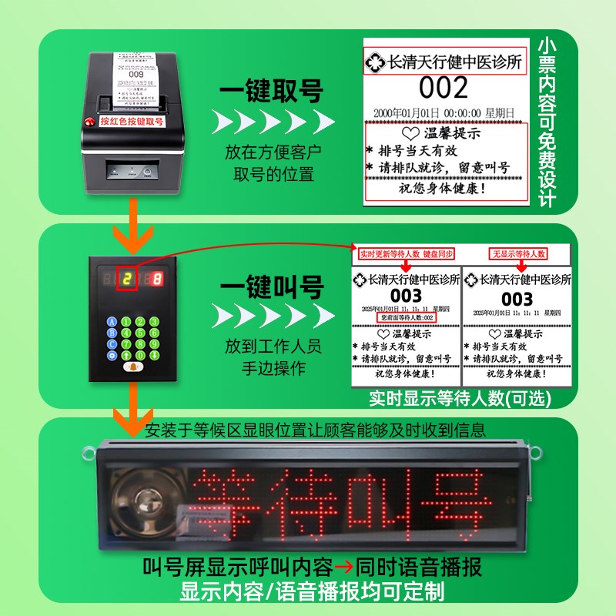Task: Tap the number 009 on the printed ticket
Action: [x=136, y=75]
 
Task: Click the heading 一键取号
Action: [x=271, y=92]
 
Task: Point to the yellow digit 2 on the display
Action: [x=128, y=279]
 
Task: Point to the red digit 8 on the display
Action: [x=157, y=279]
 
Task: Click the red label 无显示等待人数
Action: [x=518, y=253]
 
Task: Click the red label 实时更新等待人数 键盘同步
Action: [x=406, y=253]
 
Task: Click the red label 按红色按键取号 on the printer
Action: [x=132, y=121]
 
